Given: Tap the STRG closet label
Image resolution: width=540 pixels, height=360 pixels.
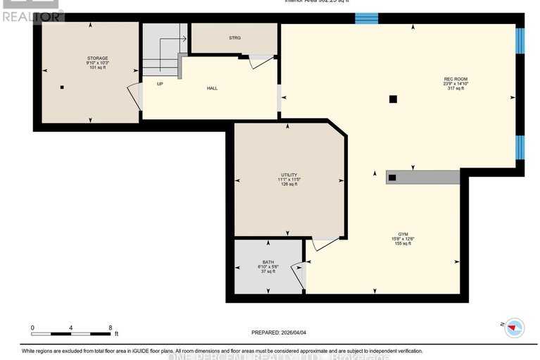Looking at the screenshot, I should [x=234, y=38].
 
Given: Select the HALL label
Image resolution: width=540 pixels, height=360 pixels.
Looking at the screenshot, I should [x=211, y=89].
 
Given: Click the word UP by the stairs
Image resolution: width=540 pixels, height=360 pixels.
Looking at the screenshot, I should [x=160, y=83].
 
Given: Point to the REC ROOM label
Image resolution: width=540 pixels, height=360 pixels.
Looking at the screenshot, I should [x=456, y=79].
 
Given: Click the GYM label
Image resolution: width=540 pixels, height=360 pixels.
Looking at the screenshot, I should [x=403, y=232].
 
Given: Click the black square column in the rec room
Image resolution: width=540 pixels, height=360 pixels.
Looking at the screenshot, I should [x=394, y=99].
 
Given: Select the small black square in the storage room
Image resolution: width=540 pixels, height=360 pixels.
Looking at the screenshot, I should [x=62, y=88].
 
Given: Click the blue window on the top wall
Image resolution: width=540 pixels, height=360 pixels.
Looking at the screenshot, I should [x=365, y=18].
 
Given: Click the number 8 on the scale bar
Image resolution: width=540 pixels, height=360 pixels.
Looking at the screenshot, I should [x=111, y=328].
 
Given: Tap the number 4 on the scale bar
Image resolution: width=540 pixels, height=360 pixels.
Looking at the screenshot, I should [x=71, y=328].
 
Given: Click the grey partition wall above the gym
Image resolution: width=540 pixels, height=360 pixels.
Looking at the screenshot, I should [x=423, y=177].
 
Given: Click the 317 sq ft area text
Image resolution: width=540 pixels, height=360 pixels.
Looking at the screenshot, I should [x=456, y=89].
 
